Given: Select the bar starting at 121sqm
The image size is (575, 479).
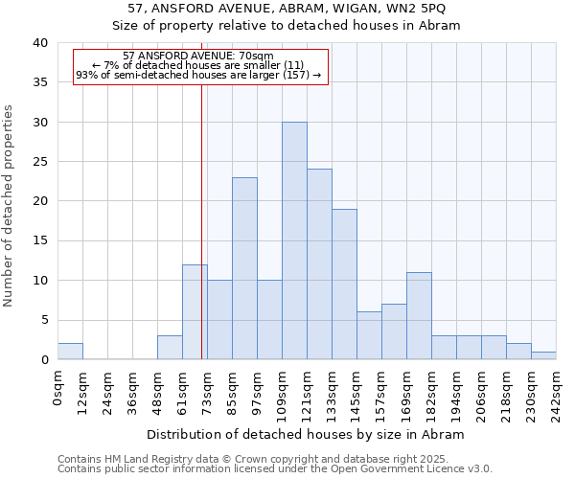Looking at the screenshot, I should click(319, 264).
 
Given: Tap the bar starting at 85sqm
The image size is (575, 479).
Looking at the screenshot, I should click(244, 268).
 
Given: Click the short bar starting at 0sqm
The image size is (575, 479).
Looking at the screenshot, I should click(70, 352).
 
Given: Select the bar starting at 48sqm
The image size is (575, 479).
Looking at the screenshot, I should click(170, 348).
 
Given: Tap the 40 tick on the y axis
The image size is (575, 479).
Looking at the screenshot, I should click(41, 43).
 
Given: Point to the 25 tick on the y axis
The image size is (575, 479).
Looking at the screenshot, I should click(41, 162).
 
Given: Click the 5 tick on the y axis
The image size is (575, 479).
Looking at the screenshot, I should click(45, 320).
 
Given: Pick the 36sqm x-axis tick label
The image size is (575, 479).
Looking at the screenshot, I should click(132, 390).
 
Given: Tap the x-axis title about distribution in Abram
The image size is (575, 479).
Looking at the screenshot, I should click(305, 434).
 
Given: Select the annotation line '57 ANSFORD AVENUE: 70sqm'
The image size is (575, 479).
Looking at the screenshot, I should click(198, 57).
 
